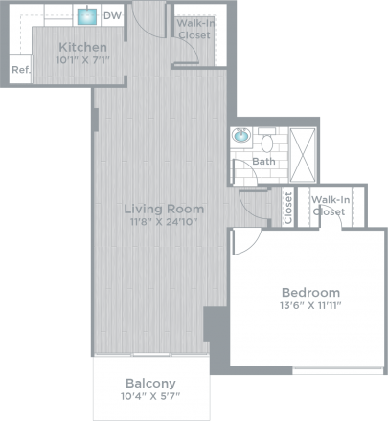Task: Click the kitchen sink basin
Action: [87, 16]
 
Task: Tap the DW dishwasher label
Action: [112, 16]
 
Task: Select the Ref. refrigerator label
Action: [19, 71]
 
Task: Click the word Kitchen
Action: [82, 48]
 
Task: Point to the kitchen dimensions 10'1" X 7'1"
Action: [82, 62]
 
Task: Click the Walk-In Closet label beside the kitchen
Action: [194, 28]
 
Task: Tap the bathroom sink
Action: [240, 138]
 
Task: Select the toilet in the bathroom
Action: [268, 144]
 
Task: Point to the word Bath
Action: [264, 162]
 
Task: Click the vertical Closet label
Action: [287, 208]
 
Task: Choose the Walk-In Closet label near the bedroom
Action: [331, 205]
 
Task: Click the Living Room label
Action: [165, 208]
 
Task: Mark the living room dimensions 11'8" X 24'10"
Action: [165, 223]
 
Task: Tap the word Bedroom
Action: [310, 292]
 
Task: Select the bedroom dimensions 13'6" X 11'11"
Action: [310, 306]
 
